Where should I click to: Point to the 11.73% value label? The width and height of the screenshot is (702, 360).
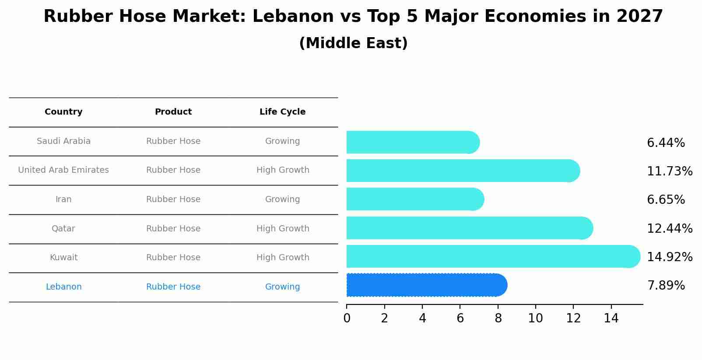tap(670, 171)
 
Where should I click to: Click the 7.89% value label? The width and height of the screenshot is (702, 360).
tap(666, 286)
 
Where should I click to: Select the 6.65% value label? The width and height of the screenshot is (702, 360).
tap(666, 200)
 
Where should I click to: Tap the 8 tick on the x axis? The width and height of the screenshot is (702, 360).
tap(498, 318)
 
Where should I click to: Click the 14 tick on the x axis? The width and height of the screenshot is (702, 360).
tap(611, 318)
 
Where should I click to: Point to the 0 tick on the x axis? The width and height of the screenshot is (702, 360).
tap(347, 318)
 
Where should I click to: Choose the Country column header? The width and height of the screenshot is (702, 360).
tap(63, 112)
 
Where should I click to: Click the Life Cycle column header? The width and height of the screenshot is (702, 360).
tap(282, 112)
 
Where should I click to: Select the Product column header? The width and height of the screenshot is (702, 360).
tap(173, 112)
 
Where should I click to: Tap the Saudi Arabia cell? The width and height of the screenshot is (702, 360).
tap(63, 141)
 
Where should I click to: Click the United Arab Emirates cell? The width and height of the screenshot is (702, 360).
tap(63, 170)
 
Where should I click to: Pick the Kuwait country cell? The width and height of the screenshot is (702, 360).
tap(63, 258)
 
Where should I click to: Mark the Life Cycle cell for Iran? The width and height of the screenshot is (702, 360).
tap(282, 199)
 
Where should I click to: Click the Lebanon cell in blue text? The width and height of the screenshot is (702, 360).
tap(63, 287)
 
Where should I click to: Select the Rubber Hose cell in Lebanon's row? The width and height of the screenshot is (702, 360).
tap(173, 287)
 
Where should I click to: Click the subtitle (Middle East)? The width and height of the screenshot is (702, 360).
tap(353, 43)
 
